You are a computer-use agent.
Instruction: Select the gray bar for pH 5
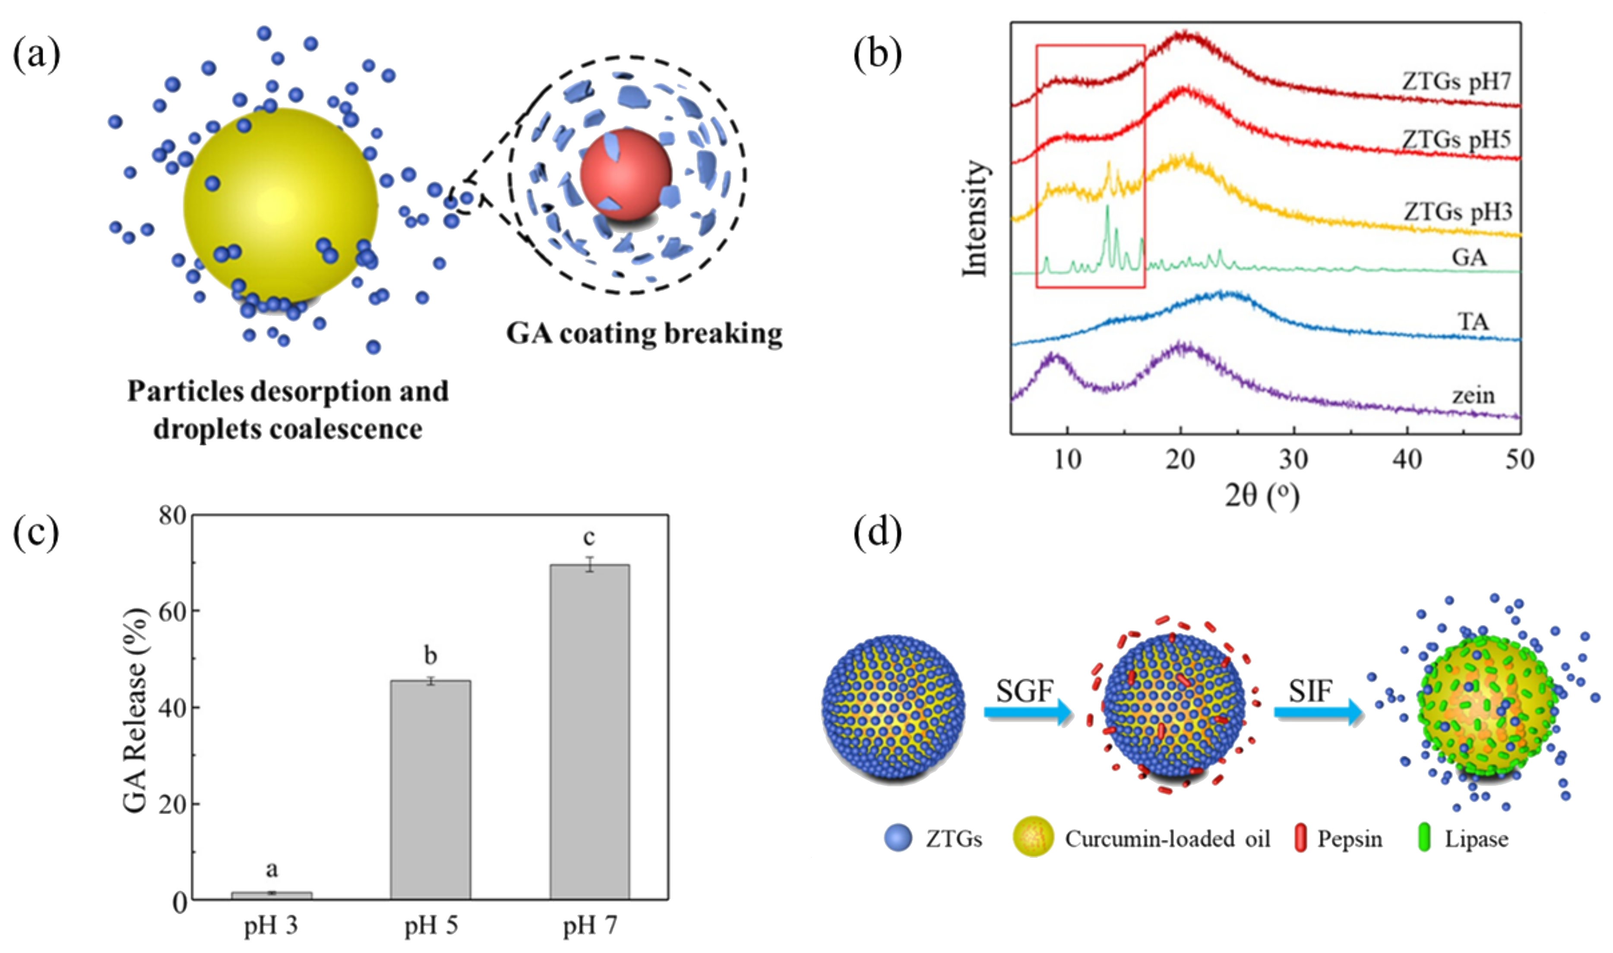tap(430, 789)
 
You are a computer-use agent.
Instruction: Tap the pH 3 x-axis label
tap(271, 925)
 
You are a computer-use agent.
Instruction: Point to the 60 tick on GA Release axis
tap(172, 611)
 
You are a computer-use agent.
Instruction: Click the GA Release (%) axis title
tap(136, 710)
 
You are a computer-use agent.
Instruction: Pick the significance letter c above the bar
tap(589, 537)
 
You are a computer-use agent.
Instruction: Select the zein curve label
tap(1474, 395)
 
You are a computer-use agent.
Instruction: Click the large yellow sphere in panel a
tap(281, 204)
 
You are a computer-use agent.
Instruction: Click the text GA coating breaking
tap(644, 333)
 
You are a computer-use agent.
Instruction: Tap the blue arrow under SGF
tap(1027, 712)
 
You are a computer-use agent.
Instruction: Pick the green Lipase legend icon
tap(1423, 839)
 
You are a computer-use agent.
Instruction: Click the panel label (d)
tap(877, 532)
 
